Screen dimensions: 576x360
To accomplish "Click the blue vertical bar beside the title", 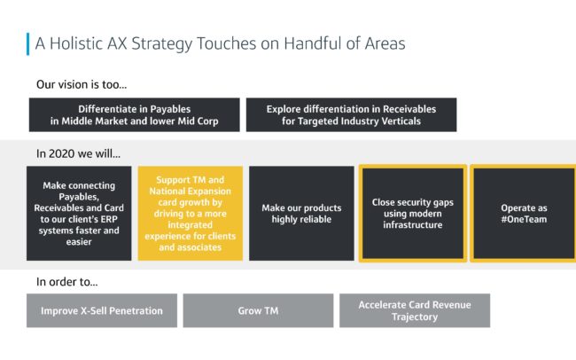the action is [28, 44].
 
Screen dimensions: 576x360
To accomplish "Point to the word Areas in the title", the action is [385, 43].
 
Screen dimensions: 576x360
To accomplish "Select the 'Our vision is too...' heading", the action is [82, 84].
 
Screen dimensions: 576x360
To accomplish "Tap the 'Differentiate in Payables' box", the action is [135, 114].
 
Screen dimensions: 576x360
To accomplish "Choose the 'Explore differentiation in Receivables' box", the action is [351, 114].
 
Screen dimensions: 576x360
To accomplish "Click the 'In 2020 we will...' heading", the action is [78, 153].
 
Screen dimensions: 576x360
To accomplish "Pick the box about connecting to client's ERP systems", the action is [79, 214].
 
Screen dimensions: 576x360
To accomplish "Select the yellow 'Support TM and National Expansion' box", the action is [191, 214].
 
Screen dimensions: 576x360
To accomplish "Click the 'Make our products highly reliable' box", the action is [301, 214].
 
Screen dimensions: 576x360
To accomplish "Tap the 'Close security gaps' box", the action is [413, 214].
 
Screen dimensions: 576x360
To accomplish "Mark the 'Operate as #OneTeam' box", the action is [524, 214].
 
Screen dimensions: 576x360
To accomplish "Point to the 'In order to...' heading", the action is [66, 282].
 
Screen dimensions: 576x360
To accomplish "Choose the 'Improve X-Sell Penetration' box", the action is [102, 310].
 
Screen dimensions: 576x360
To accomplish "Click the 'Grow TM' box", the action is [258, 310].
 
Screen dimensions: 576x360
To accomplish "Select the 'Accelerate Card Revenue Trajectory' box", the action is [415, 310].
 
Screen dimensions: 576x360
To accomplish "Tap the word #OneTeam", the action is [524, 219].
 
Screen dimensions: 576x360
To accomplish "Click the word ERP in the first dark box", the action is [108, 219].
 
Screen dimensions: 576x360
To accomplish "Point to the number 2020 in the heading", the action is [61, 153].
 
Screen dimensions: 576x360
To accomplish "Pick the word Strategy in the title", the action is [162, 44].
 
